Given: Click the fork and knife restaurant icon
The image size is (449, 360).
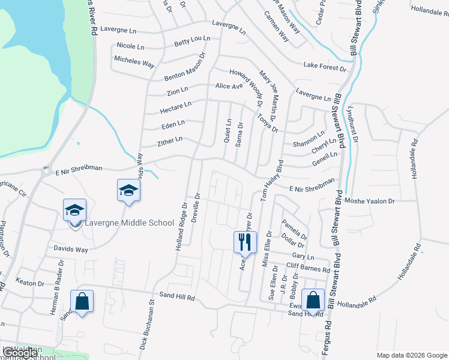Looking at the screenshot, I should pyautogui.click(x=245, y=242).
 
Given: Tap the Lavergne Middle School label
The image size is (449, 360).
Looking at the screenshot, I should pyautogui.click(x=128, y=223).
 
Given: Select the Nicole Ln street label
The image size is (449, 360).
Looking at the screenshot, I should pyautogui.click(x=130, y=46).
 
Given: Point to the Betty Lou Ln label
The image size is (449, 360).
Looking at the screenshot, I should pyautogui.click(x=192, y=41).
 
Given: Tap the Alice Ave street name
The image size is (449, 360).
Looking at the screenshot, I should pyautogui.click(x=229, y=86).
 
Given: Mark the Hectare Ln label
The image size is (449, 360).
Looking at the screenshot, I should pyautogui.click(x=175, y=108).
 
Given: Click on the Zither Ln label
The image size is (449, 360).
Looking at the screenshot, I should pyautogui.click(x=169, y=141).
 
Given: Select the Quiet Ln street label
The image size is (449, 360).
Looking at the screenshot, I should pyautogui.click(x=228, y=130).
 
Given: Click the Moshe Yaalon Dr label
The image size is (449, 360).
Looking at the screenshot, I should pyautogui.click(x=370, y=202).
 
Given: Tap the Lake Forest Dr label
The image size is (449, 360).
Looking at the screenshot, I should pyautogui.click(x=325, y=66).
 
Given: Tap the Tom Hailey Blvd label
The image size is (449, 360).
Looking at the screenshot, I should pyautogui.click(x=271, y=180).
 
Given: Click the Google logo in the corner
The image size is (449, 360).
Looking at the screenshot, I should pyautogui.click(x=20, y=353).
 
